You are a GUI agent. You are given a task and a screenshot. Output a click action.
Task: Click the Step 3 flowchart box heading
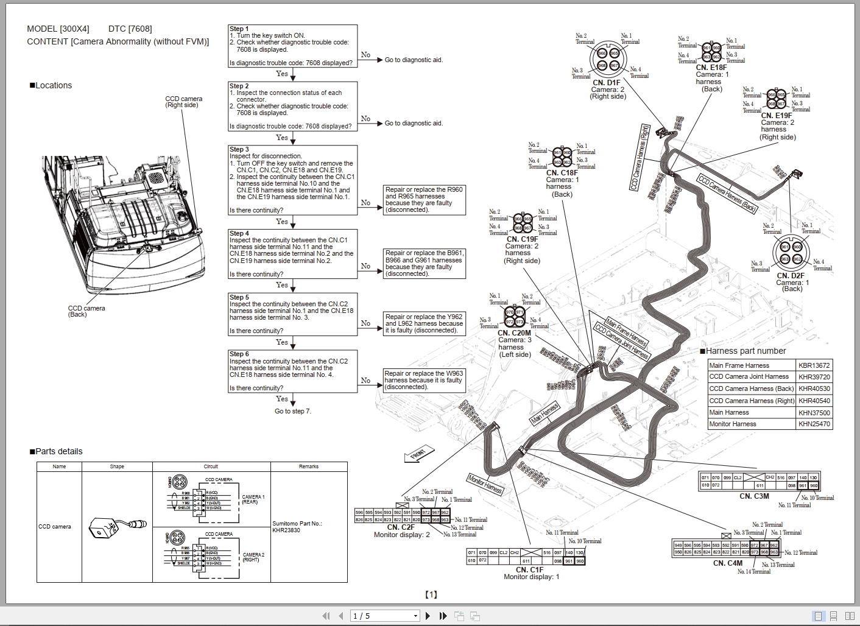tap(239, 149)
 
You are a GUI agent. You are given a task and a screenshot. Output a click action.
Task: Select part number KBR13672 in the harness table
tap(814, 365)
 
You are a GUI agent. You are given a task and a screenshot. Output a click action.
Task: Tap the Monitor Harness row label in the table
tap(732, 424)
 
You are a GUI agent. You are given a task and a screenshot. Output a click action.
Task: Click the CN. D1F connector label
tap(606, 83)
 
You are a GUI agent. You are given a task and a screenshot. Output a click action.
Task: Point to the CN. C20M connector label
tap(514, 333)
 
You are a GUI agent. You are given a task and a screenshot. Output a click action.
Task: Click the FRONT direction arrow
tap(419, 454)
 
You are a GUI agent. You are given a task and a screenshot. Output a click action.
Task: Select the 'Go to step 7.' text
tap(292, 411)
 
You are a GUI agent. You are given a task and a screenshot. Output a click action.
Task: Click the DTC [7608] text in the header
tap(130, 29)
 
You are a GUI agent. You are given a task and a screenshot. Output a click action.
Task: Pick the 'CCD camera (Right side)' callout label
tap(183, 102)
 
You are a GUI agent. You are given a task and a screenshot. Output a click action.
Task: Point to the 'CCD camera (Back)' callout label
tap(86, 311)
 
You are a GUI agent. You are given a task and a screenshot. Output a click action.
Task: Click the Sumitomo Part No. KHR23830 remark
tap(297, 527)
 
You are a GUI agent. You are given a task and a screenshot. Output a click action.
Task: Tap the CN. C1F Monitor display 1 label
tap(530, 573)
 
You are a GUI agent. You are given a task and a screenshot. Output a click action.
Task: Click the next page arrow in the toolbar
tap(428, 616)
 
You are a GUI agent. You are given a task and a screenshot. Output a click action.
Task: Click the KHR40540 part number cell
tap(814, 401)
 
